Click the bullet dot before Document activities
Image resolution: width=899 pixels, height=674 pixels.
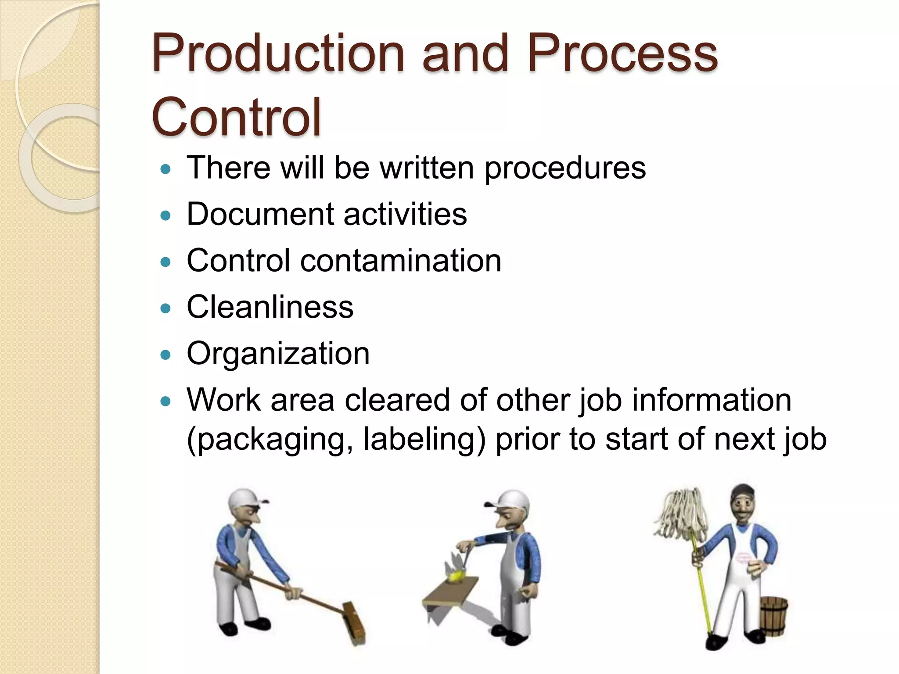click(x=165, y=215)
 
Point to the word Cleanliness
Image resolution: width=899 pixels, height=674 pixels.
click(x=270, y=307)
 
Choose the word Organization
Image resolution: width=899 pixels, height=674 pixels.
click(x=278, y=354)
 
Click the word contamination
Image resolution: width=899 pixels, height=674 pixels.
click(x=400, y=261)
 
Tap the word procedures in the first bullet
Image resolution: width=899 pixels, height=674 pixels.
click(x=565, y=168)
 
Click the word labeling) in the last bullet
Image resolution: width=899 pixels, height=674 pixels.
click(x=424, y=439)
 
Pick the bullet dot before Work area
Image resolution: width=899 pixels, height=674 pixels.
click(x=165, y=401)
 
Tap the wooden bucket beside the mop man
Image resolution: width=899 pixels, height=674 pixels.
click(x=773, y=615)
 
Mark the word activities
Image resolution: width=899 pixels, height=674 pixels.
click(x=405, y=215)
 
